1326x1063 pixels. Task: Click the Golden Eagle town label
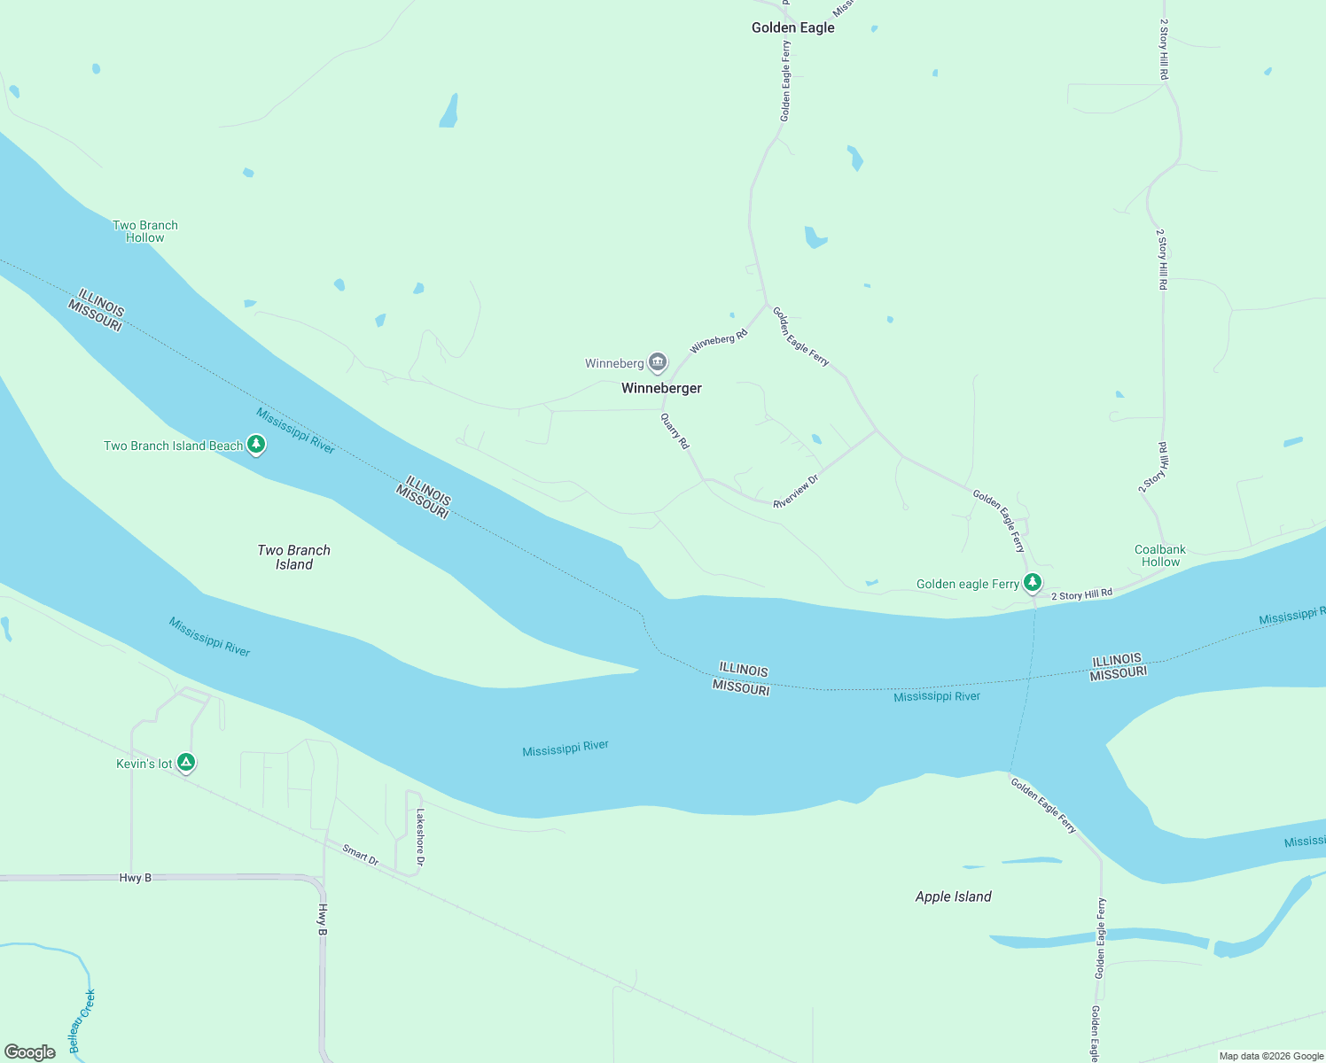coord(792,27)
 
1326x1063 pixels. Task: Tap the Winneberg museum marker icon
coord(658,362)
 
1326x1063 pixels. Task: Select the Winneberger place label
coord(661,388)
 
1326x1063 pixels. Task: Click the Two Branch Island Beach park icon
coord(256,445)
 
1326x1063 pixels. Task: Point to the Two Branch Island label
coord(293,557)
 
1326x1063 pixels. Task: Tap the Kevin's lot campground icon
coord(186,763)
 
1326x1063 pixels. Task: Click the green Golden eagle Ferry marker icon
coord(1033,583)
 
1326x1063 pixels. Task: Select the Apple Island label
coord(953,896)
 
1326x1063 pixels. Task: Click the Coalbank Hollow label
coord(1160,555)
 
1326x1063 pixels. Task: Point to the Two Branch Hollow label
coord(145,231)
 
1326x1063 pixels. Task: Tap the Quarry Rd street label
coord(675,431)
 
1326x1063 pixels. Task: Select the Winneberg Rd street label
coord(719,341)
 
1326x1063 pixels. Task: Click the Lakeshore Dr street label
coord(420,837)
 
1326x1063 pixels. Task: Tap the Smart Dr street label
coord(361,855)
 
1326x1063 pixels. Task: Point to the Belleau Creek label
coord(82,1021)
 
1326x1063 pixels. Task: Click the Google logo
coord(30,1051)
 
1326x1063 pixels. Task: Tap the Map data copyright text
coord(1271,1056)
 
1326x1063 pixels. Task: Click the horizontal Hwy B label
coord(136,878)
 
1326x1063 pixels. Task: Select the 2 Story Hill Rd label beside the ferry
coord(1081,595)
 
